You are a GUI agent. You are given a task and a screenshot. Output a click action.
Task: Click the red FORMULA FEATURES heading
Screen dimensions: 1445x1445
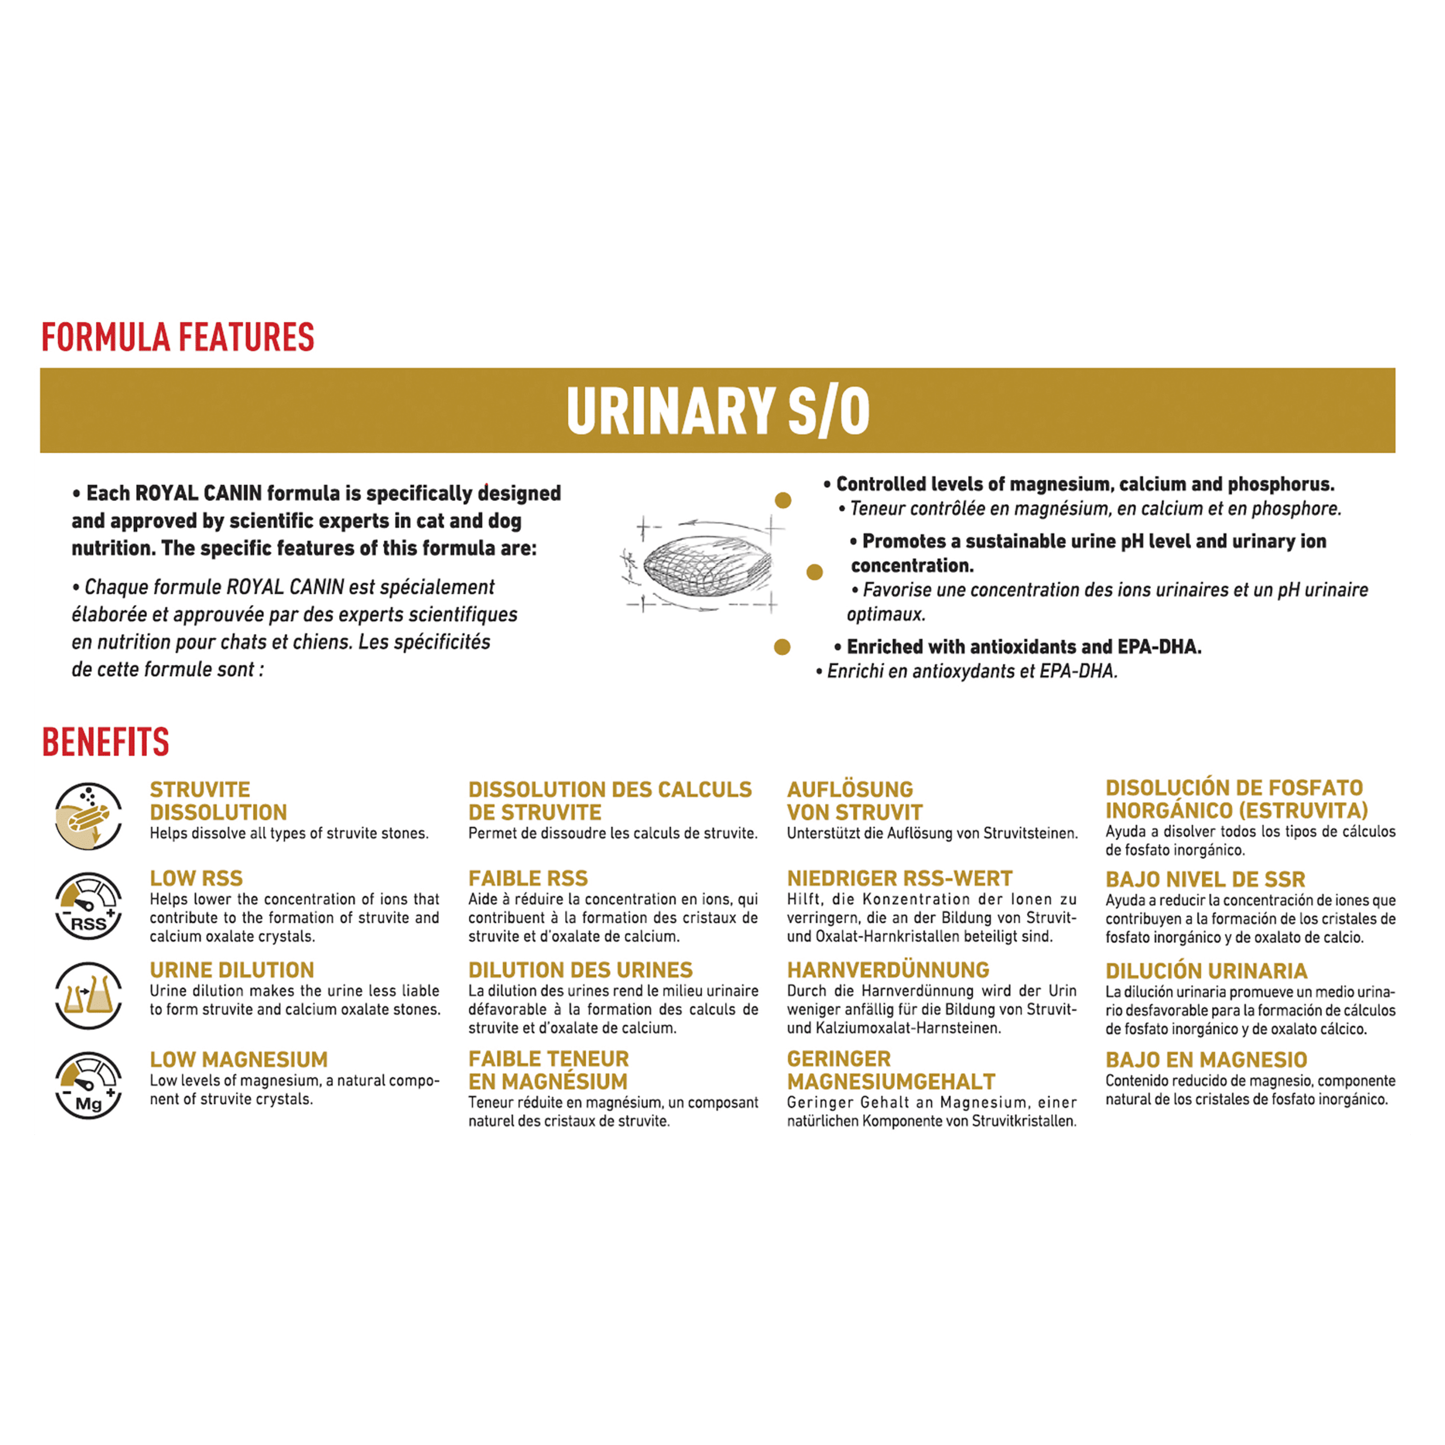[x=178, y=337]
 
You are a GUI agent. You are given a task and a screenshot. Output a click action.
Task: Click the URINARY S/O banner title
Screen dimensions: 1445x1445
[x=718, y=411]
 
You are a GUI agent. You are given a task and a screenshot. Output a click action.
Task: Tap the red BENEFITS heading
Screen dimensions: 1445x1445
[x=105, y=742]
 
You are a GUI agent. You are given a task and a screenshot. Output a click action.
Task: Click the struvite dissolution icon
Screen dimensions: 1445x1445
[x=89, y=816]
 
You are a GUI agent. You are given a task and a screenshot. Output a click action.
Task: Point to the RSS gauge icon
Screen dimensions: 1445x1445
[x=89, y=906]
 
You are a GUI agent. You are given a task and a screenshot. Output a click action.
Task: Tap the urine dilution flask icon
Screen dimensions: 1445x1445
[x=89, y=995]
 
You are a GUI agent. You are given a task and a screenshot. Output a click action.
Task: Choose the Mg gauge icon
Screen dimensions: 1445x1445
[x=89, y=1085]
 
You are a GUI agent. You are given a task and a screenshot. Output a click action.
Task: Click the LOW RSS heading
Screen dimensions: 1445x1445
[x=196, y=878]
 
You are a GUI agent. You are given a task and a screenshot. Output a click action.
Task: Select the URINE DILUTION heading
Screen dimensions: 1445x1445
[x=232, y=970]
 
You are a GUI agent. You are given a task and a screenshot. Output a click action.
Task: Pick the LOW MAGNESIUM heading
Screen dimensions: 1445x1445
[x=238, y=1060]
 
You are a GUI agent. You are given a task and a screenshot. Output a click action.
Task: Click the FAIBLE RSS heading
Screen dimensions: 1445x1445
[x=528, y=878]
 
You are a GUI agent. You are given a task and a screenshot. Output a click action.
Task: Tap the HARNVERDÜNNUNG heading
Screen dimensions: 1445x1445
[x=888, y=970]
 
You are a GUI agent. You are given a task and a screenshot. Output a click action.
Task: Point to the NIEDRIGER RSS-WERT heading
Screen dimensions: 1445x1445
[x=900, y=878]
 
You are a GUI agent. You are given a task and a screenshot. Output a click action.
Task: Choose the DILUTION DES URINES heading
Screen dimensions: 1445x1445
[x=580, y=970]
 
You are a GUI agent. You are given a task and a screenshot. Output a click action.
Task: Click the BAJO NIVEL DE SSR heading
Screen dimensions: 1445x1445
[x=1205, y=880]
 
